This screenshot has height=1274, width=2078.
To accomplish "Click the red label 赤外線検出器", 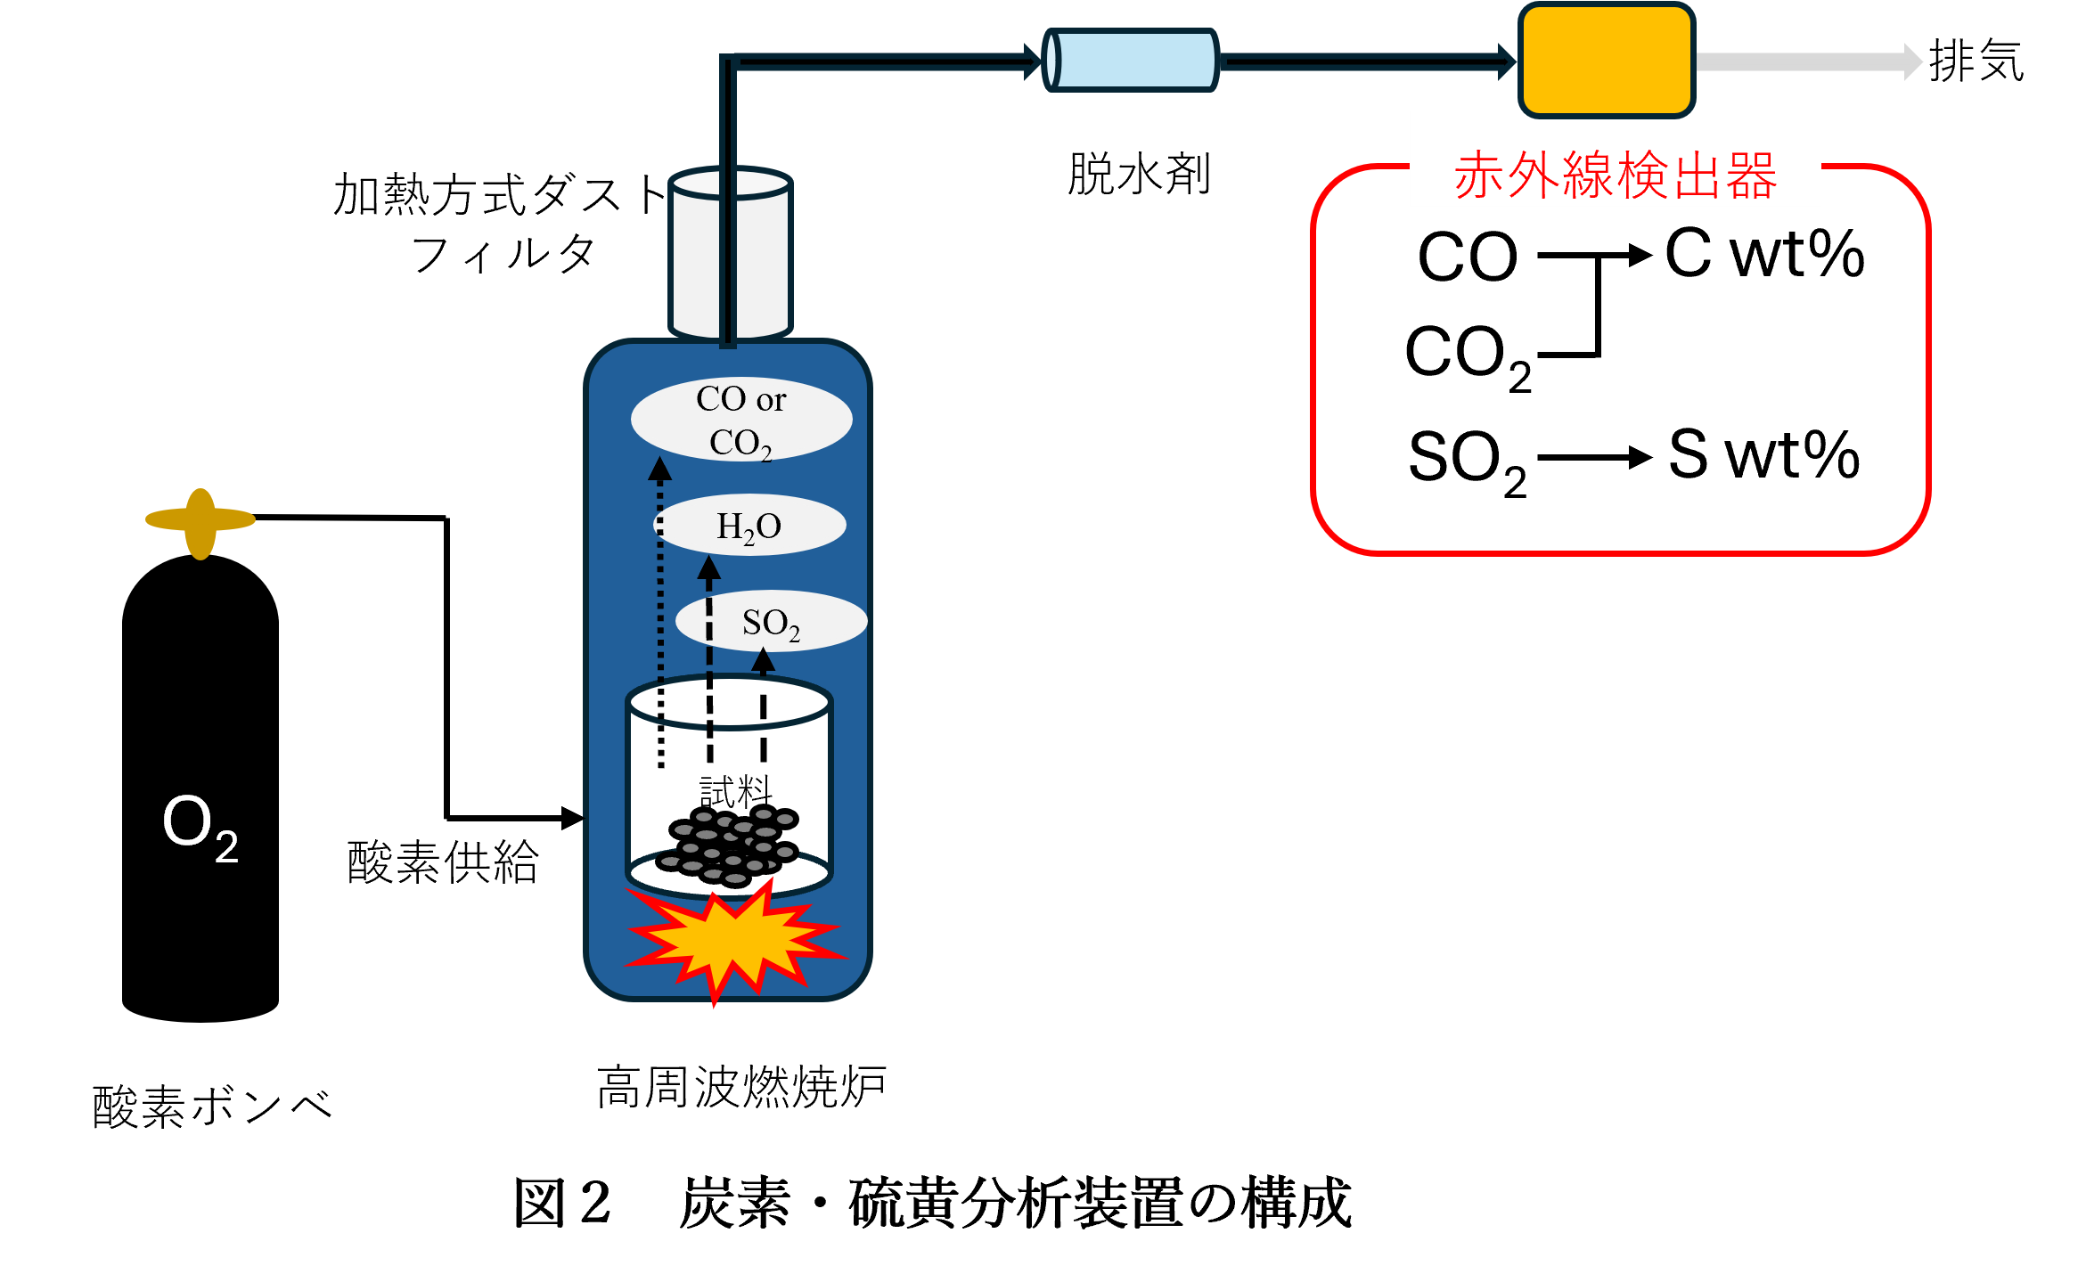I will pyautogui.click(x=1615, y=175).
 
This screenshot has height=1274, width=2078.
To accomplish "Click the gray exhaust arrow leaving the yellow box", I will pyautogui.click(x=1809, y=61).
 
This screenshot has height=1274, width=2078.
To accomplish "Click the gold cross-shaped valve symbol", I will pyautogui.click(x=200, y=523).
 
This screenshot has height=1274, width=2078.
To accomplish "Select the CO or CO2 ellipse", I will pyautogui.click(x=741, y=420).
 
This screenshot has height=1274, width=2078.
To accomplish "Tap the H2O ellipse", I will pyautogui.click(x=749, y=526).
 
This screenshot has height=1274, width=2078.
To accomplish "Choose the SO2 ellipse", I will pyautogui.click(x=771, y=622).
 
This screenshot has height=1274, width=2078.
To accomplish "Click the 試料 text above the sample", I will pyautogui.click(x=735, y=791).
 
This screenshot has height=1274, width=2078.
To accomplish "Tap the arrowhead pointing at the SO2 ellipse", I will pyautogui.click(x=763, y=660).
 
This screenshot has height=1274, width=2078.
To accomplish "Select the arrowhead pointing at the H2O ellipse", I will pyautogui.click(x=709, y=568).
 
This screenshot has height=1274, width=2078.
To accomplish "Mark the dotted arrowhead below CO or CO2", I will pyautogui.click(x=659, y=469).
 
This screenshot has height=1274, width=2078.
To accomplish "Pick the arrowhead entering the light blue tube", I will pyautogui.click(x=1034, y=61).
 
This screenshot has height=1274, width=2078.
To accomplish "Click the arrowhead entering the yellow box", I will pyautogui.click(x=1508, y=61).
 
